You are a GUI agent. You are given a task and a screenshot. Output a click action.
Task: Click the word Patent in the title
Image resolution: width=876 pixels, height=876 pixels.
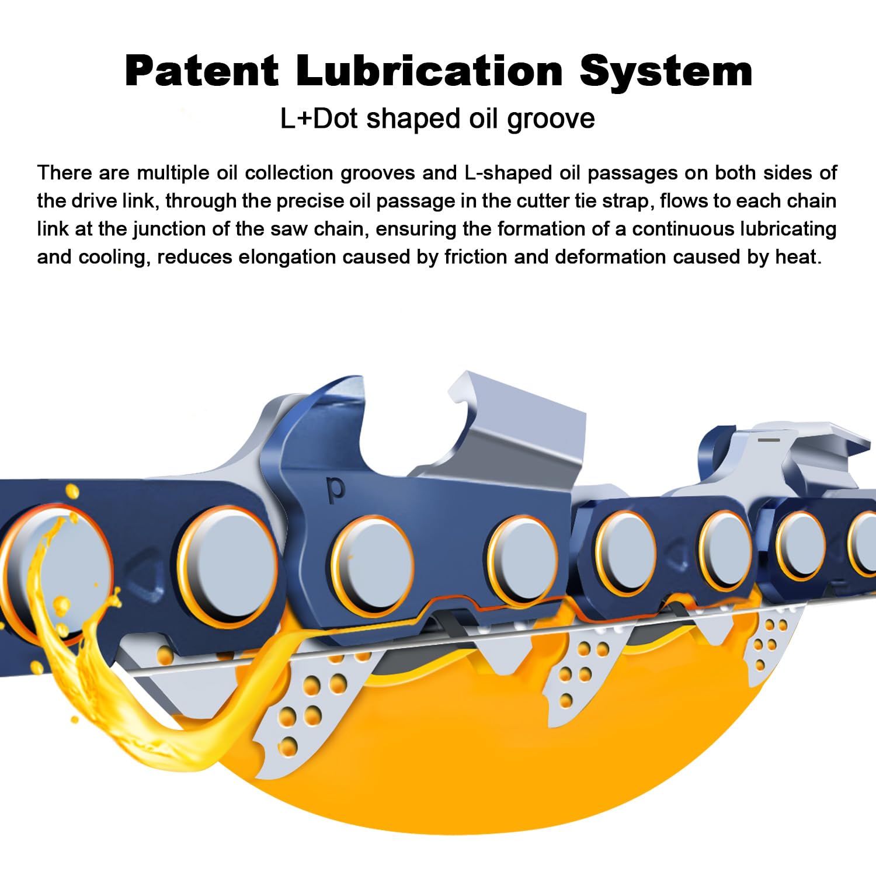201,71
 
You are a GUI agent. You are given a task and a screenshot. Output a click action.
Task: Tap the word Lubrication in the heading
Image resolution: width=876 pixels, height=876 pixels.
429,71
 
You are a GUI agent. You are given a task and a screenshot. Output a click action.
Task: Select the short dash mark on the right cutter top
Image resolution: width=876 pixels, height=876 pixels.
769,438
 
